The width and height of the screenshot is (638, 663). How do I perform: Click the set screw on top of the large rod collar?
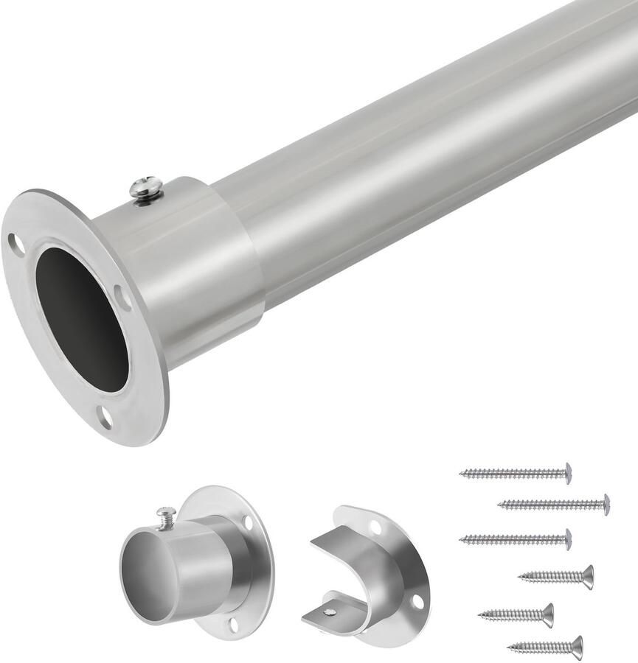point(145,189)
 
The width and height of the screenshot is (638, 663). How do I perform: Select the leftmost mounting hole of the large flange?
point(16,244)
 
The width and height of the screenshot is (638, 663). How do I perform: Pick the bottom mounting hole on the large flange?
point(105,417)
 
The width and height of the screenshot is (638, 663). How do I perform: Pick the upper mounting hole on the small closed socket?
point(248,524)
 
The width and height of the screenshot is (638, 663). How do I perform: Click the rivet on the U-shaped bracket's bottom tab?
point(330,611)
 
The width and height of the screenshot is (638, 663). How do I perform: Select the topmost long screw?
point(516,473)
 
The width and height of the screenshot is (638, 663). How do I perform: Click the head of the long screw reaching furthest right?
point(606,504)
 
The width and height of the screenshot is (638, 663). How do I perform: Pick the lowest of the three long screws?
point(516,539)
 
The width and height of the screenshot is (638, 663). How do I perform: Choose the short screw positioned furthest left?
point(516,614)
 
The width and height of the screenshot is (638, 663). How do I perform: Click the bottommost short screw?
point(545,648)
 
